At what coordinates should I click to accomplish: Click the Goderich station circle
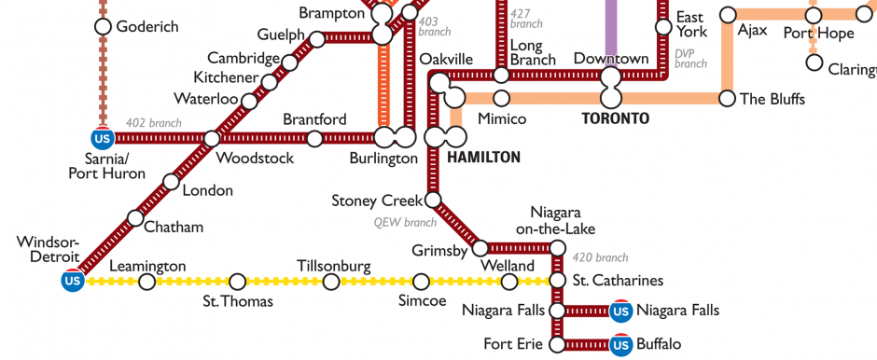coord(104,26)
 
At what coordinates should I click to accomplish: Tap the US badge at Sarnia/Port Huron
coord(103,139)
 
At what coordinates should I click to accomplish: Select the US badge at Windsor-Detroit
coord(73,280)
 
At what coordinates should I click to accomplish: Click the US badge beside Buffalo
coord(619,344)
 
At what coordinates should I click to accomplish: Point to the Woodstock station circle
coord(212,139)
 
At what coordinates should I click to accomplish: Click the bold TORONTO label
coord(614,119)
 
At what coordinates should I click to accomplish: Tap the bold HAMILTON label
coord(483,158)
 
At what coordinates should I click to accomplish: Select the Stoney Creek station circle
coord(433,200)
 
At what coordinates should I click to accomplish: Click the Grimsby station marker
coord(480,248)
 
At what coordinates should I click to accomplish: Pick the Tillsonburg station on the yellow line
coord(330,281)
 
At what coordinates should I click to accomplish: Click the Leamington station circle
coord(146,281)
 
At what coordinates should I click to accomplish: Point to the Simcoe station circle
coord(421,281)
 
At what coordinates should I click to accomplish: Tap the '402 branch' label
coord(153,122)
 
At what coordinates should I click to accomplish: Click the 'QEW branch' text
coord(406,223)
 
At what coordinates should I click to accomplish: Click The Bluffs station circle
coord(728,98)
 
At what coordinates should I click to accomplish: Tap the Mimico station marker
coord(501,98)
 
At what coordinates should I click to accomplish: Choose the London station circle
coord(170,182)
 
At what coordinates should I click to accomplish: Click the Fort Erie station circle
coord(557,344)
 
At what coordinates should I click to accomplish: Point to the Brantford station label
coord(314,120)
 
